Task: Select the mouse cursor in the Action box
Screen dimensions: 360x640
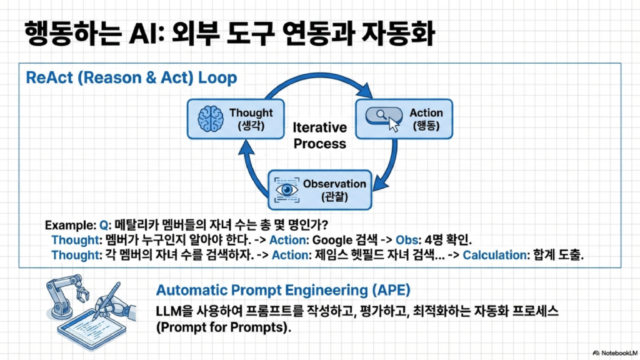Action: [393, 123]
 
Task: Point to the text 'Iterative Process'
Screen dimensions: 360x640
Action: [319, 136]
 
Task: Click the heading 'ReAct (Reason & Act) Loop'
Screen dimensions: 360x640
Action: [131, 78]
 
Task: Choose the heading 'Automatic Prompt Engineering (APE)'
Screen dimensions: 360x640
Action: [283, 291]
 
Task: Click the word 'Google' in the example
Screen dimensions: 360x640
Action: [329, 240]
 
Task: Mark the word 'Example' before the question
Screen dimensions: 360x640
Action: [70, 225]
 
